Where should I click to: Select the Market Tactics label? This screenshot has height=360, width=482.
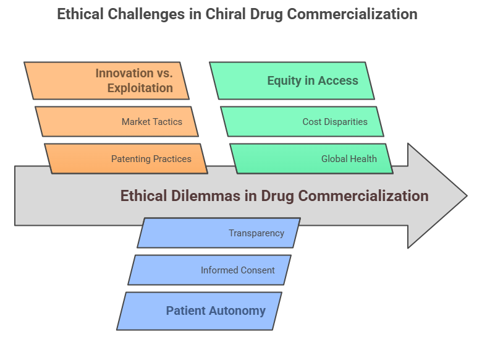152,122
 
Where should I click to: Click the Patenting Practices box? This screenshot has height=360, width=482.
126,158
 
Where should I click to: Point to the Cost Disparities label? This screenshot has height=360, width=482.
335,122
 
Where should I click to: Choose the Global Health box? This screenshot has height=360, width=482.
311,158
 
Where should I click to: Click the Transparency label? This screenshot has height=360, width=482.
256,233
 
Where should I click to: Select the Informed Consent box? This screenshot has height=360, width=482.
209,270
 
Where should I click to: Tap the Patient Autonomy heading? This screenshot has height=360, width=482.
216,311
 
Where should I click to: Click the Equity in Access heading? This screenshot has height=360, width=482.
313,80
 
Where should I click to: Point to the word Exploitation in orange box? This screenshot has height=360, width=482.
140,88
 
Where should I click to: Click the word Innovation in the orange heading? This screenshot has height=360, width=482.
124,73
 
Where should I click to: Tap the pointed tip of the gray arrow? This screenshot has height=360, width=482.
467,195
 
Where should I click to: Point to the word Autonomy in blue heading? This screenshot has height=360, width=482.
237,311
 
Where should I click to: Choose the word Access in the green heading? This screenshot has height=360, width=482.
338,80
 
